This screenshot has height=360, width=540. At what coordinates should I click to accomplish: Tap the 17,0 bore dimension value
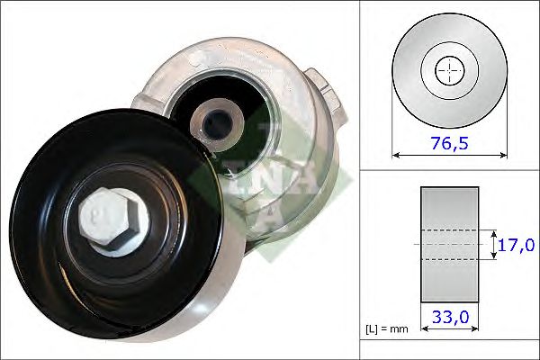tap(517, 245)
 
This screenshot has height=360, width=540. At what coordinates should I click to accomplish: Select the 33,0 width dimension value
tap(449, 316)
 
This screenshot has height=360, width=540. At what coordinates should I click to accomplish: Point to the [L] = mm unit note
tap(387, 328)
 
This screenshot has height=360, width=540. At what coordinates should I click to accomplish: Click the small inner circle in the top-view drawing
tap(450, 71)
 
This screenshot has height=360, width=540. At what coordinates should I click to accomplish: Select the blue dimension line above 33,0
tap(449, 303)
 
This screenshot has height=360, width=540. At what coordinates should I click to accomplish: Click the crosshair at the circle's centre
tap(450, 71)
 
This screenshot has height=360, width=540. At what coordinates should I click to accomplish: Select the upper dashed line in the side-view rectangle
tap(449, 230)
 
